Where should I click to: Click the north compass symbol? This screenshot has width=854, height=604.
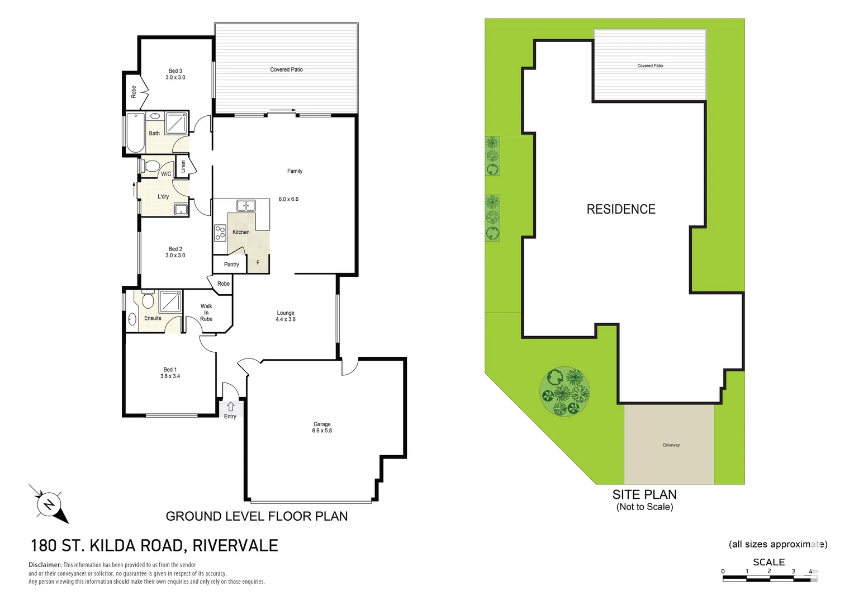pyautogui.click(x=49, y=504)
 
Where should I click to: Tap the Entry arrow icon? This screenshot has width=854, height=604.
pyautogui.click(x=230, y=407)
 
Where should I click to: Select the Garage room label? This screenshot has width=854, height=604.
pyautogui.click(x=322, y=424)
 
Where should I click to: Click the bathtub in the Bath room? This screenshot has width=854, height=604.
pyautogui.click(x=135, y=133)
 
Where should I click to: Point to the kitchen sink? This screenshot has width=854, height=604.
pyautogui.click(x=245, y=206)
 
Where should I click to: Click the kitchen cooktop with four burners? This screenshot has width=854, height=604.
pyautogui.click(x=220, y=232)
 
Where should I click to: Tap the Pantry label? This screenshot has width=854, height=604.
pyautogui.click(x=231, y=265)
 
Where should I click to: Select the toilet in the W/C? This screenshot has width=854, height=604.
pyautogui.click(x=150, y=166)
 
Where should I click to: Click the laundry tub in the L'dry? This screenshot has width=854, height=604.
pyautogui.click(x=181, y=210)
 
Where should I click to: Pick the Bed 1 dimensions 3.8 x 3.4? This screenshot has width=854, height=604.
pyautogui.click(x=170, y=376)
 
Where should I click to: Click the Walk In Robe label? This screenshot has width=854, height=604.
pyautogui.click(x=206, y=313)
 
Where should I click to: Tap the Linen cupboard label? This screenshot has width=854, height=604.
pyautogui.click(x=183, y=166)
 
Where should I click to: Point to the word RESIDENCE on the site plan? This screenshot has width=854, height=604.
pyautogui.click(x=621, y=209)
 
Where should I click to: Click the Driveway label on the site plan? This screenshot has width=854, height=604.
pyautogui.click(x=671, y=445)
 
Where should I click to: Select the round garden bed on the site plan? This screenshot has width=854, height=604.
pyautogui.click(x=564, y=391)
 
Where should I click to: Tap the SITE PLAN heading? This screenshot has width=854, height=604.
pyautogui.click(x=644, y=494)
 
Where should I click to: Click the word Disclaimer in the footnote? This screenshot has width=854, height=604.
pyautogui.click(x=45, y=565)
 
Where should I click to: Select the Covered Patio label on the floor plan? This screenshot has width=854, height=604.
pyautogui.click(x=286, y=70)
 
